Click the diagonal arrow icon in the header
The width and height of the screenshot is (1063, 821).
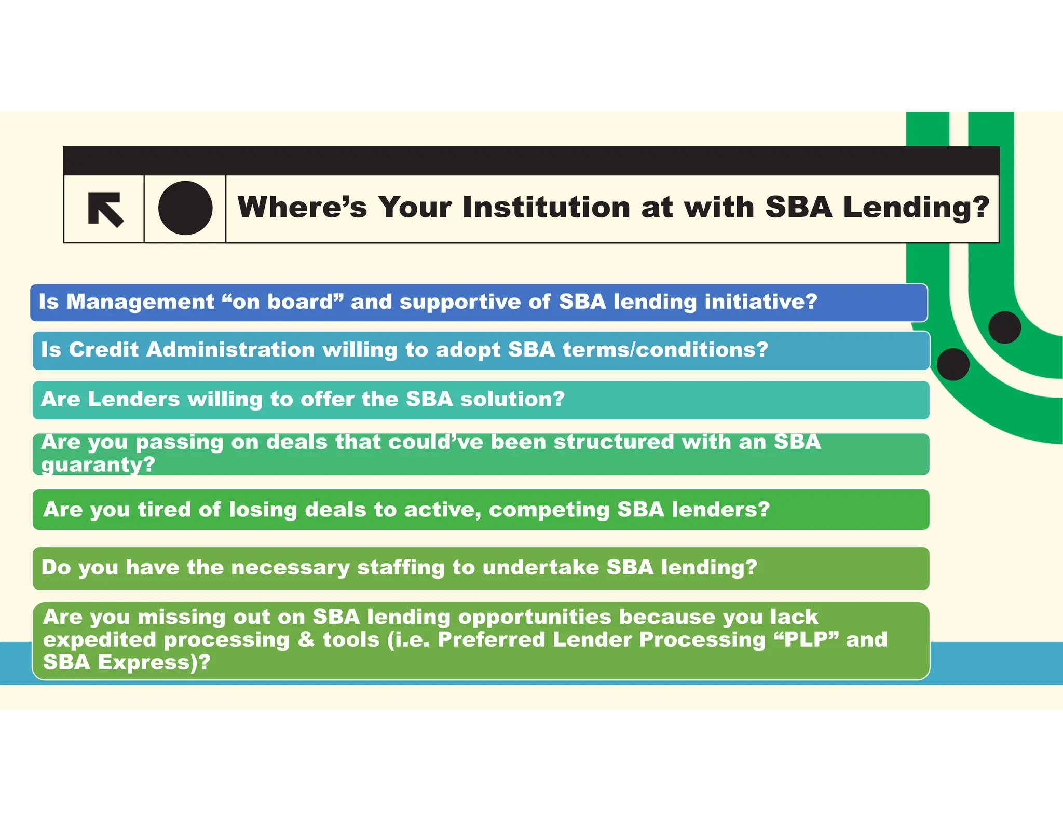click(x=105, y=209)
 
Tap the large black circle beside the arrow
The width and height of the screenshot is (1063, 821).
click(x=185, y=208)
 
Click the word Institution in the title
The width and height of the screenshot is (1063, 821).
click(x=547, y=207)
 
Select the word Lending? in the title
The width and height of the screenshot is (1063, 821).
click(x=916, y=207)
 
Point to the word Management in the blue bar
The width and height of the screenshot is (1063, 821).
click(x=140, y=302)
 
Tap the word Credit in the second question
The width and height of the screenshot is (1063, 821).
click(x=104, y=350)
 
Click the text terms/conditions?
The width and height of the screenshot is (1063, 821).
click(x=665, y=350)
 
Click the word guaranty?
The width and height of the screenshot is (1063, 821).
click(x=98, y=464)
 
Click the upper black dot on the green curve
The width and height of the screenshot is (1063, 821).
click(x=1004, y=327)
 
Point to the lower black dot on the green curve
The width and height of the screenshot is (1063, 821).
click(x=953, y=364)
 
